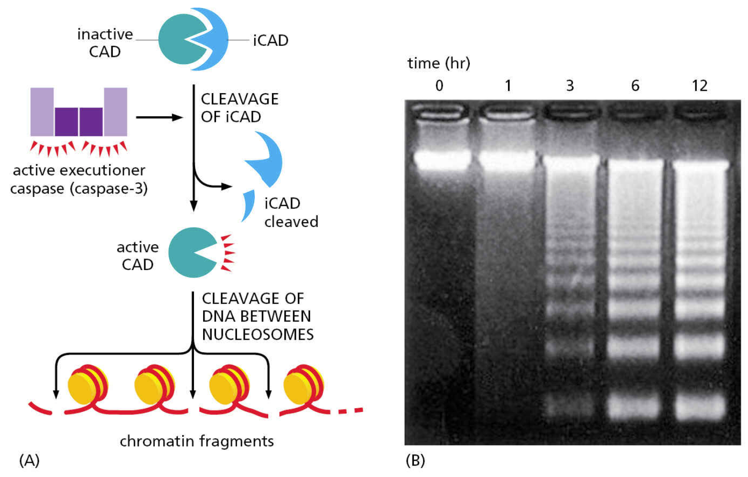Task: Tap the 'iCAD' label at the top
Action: click(271, 41)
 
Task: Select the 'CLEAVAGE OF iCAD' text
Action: click(239, 108)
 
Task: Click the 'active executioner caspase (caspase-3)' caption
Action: click(79, 179)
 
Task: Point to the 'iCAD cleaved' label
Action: click(291, 212)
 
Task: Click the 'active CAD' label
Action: click(138, 256)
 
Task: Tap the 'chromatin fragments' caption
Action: click(196, 441)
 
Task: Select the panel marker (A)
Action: click(29, 460)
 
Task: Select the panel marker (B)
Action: click(415, 460)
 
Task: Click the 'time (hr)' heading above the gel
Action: click(438, 63)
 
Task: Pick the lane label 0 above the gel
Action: click(439, 86)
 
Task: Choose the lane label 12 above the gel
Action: click(699, 86)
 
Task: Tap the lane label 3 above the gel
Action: click(570, 86)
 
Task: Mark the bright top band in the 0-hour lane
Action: click(443, 160)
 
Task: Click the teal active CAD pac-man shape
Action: click(191, 252)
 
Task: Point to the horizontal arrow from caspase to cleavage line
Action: click(159, 117)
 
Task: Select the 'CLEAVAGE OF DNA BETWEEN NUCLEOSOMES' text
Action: click(257, 316)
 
